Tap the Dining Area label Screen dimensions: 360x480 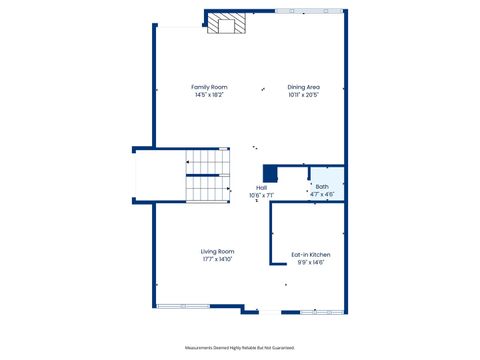[303, 87]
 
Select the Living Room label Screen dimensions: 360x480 [217, 251]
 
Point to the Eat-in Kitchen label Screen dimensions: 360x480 [310, 255]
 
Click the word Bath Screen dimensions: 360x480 [321, 186]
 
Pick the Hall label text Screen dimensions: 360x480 [261, 187]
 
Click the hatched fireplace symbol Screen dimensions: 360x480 [225, 23]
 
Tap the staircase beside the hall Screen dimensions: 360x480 [207, 175]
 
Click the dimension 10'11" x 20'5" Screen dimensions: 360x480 [303, 95]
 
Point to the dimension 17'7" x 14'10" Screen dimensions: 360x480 [217, 259]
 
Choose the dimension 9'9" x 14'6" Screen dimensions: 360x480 [310, 263]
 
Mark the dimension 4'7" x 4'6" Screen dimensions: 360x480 [321, 194]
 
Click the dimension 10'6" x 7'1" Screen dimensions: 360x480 [261, 195]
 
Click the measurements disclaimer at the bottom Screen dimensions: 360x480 [239, 347]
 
